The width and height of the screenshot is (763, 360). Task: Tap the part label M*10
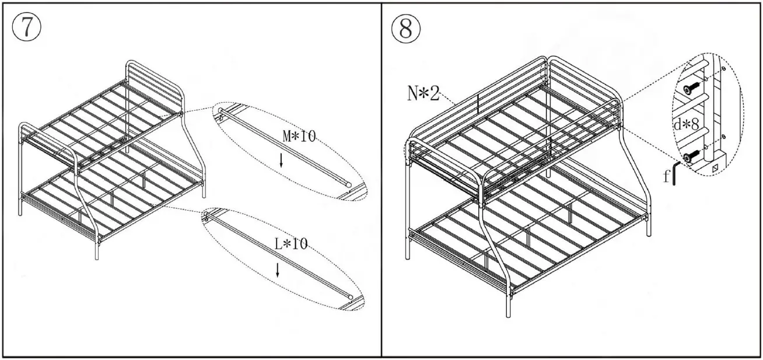pyautogui.click(x=298, y=137)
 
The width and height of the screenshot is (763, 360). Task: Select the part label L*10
pyautogui.click(x=291, y=244)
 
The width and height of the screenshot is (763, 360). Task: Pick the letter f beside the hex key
pyautogui.click(x=666, y=177)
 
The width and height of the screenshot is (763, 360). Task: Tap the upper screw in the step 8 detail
pyautogui.click(x=689, y=88)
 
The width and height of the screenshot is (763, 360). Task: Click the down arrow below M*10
pyautogui.click(x=282, y=161)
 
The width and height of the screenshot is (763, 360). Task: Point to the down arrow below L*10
pyautogui.click(x=278, y=269)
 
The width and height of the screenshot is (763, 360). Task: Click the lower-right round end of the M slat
pyautogui.click(x=349, y=184)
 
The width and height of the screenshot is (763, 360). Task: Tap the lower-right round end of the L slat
pyautogui.click(x=349, y=296)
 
